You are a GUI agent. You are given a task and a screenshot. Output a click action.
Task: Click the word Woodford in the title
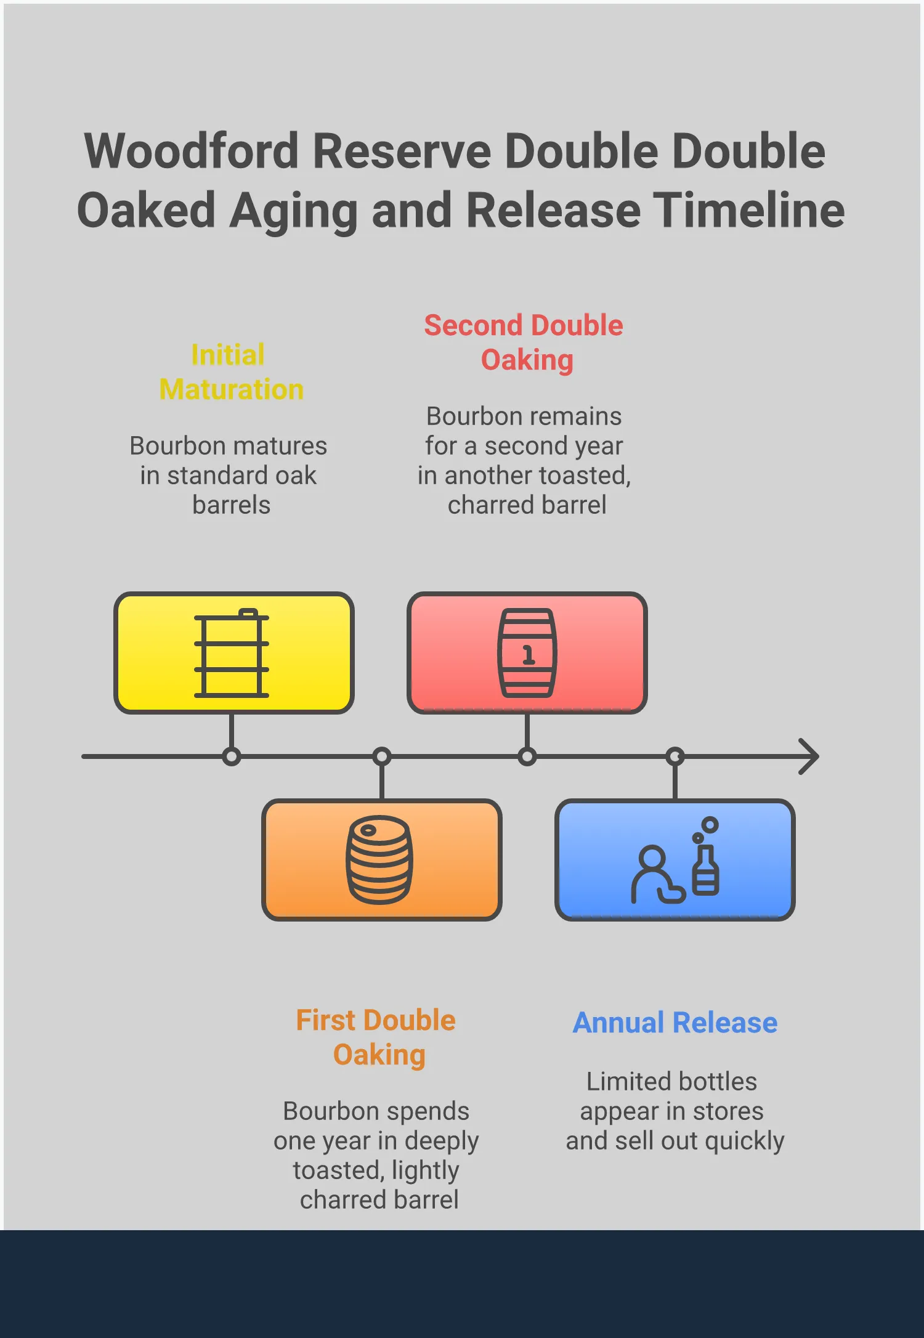tap(192, 152)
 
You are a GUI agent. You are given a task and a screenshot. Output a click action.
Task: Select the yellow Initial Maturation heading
tap(230, 372)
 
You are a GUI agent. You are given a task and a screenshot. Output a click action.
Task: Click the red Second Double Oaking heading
tap(524, 343)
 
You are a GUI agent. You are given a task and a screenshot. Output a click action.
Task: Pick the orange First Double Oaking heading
tap(376, 1037)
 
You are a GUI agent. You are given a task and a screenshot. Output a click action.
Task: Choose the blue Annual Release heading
tap(675, 1023)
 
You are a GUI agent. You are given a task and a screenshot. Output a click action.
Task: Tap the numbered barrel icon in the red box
tap(527, 653)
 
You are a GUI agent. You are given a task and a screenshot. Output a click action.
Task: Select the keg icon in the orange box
tap(379, 859)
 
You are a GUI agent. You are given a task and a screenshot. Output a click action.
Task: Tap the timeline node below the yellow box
tap(232, 756)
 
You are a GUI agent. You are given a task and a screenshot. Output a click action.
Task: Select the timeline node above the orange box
tap(382, 756)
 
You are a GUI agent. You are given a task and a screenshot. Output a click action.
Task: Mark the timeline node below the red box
tap(527, 756)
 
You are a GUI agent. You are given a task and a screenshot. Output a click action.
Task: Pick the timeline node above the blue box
tap(676, 756)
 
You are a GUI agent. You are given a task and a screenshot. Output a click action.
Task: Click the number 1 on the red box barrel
tap(528, 654)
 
